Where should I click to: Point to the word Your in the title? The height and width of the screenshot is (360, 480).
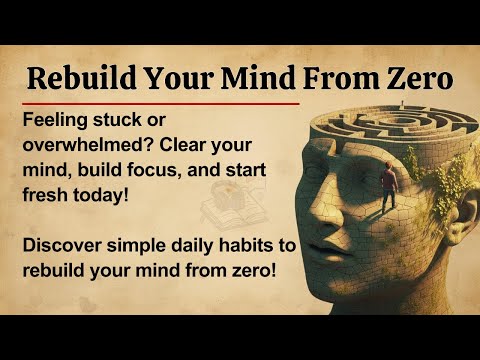171,77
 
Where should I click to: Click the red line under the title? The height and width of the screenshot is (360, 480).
160,102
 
